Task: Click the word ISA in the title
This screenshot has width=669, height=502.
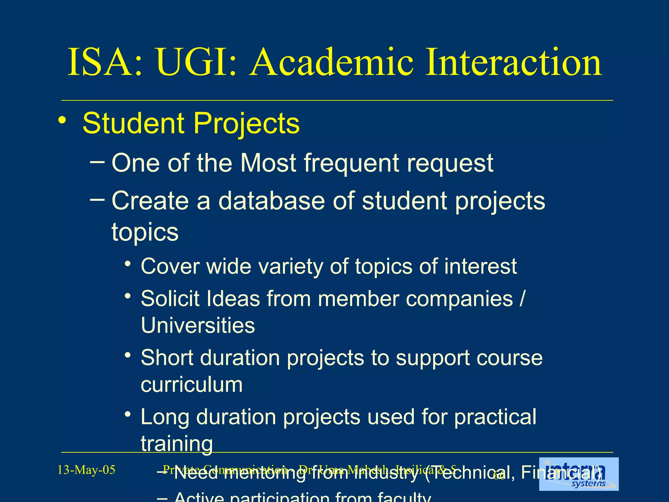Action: click(x=105, y=62)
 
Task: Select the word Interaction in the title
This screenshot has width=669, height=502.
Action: click(x=513, y=62)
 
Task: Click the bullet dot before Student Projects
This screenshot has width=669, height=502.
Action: click(x=62, y=121)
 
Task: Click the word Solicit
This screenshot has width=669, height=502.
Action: click(x=170, y=299)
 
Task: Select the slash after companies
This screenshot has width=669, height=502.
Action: click(x=522, y=299)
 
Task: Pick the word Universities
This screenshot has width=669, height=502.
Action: click(x=198, y=326)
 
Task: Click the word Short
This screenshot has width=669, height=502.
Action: click(x=167, y=358)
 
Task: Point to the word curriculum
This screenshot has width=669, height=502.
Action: click(x=192, y=385)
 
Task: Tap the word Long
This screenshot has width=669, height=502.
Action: click(x=165, y=417)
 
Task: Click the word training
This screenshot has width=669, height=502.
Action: click(x=177, y=444)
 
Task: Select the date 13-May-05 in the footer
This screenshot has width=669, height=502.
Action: click(x=86, y=470)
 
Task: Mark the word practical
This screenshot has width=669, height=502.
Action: click(x=495, y=417)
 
